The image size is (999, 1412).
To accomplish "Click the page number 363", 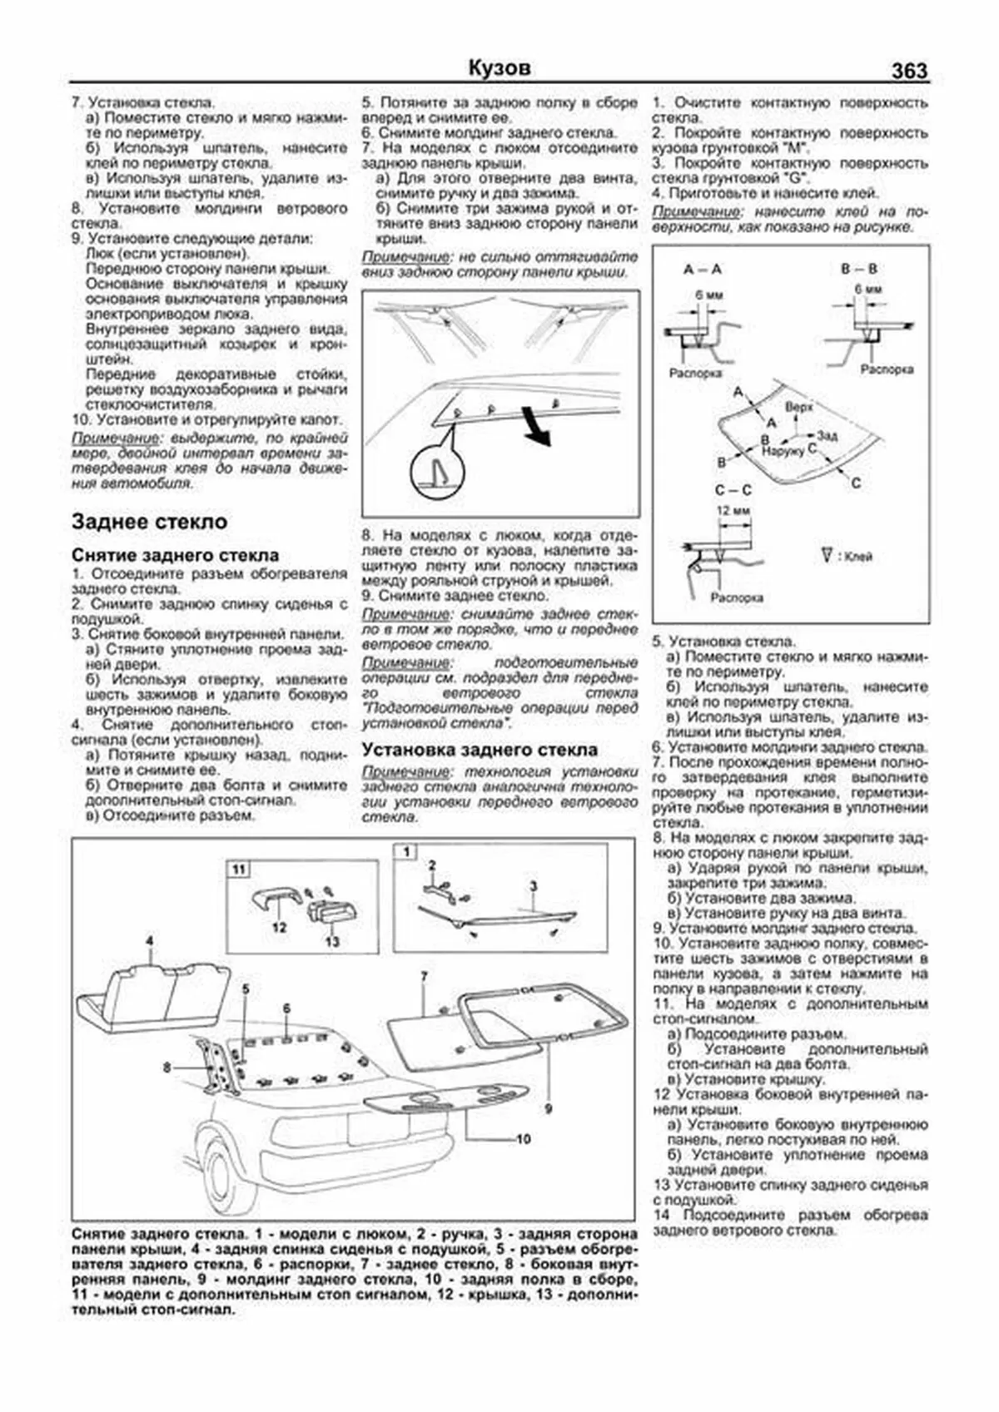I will pyautogui.click(x=908, y=71).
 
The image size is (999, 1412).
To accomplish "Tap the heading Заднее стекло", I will pyautogui.click(x=149, y=522).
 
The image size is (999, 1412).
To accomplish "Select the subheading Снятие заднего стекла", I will pyautogui.click(x=175, y=555).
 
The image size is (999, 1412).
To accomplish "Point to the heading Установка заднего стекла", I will pyautogui.click(x=479, y=750).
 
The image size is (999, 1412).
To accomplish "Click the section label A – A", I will pyautogui.click(x=702, y=270).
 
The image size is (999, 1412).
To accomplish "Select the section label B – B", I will pyautogui.click(x=859, y=270).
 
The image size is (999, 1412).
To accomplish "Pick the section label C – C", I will pyautogui.click(x=733, y=489).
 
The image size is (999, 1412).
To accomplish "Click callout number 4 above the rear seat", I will pyautogui.click(x=150, y=941).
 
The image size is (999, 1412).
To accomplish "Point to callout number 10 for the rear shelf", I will pyautogui.click(x=523, y=1138).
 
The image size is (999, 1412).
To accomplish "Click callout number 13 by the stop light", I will pyautogui.click(x=332, y=941).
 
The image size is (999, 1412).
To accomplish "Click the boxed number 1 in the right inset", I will pyautogui.click(x=406, y=851).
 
